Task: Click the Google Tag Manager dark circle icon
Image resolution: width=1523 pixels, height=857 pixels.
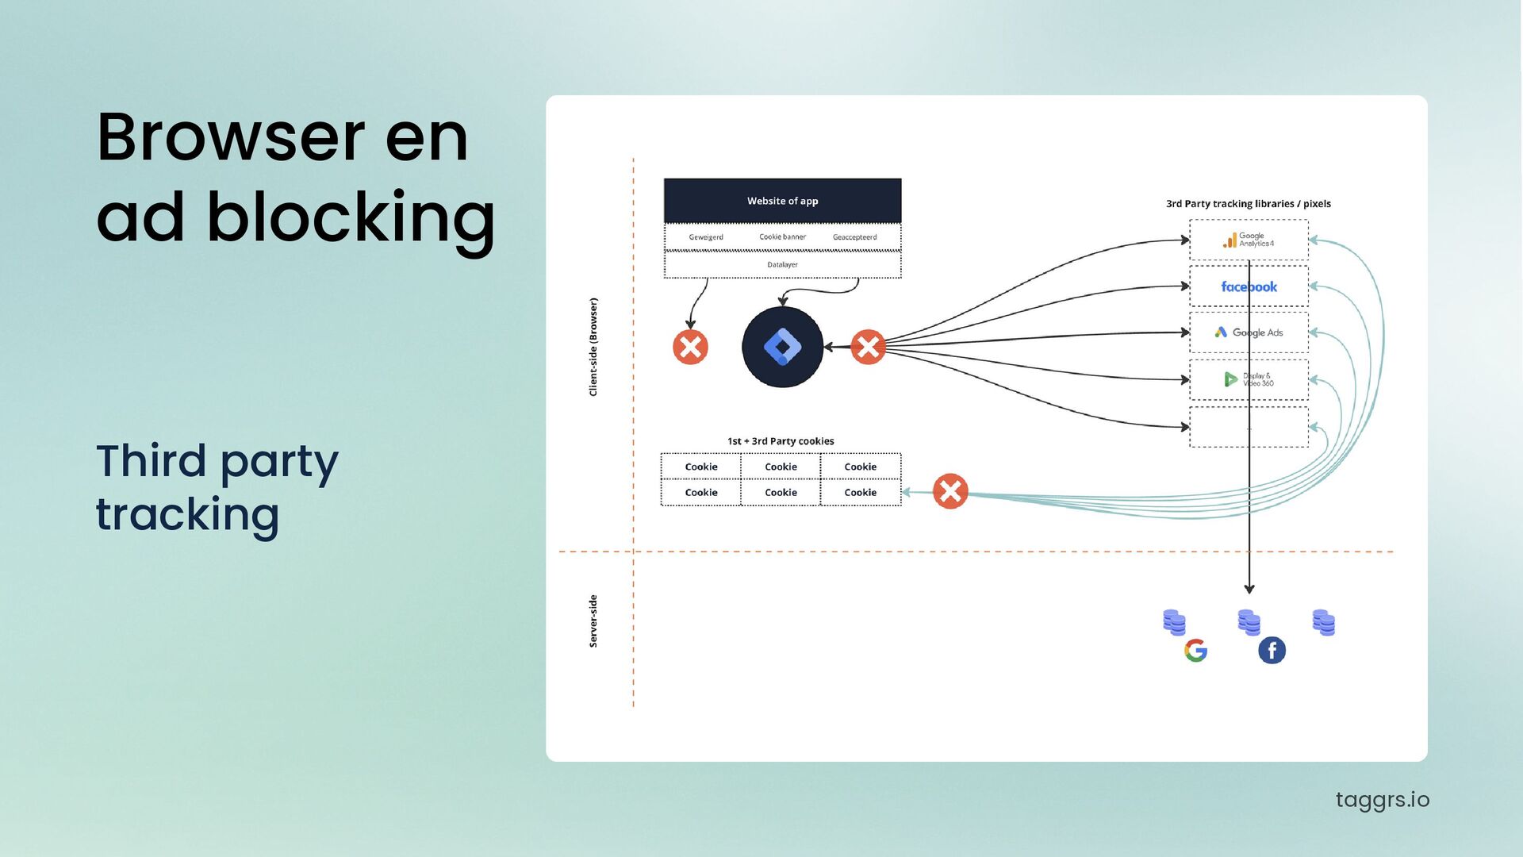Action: point(782,347)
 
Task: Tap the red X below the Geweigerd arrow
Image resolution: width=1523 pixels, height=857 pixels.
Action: point(690,347)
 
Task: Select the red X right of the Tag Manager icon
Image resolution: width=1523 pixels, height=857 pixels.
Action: point(868,347)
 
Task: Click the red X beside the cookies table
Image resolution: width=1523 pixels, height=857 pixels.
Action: point(949,491)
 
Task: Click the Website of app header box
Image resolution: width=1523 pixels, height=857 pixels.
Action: point(782,201)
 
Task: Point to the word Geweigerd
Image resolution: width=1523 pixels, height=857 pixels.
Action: point(706,237)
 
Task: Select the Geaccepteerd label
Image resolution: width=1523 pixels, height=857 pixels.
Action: point(854,237)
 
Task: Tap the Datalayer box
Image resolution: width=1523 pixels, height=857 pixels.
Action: point(782,265)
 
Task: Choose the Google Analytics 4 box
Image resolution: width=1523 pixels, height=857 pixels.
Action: point(1249,240)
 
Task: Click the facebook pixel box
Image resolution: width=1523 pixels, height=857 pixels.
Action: point(1249,286)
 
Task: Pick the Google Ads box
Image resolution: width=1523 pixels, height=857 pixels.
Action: point(1249,332)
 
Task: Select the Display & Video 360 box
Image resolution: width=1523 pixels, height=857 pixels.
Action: point(1249,379)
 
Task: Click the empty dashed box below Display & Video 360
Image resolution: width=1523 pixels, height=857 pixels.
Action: point(1249,427)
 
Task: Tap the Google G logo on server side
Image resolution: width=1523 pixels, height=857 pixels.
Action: point(1195,651)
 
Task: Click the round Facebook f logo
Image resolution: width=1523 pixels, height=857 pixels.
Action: point(1272,651)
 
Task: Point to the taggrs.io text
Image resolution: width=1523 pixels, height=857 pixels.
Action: point(1382,800)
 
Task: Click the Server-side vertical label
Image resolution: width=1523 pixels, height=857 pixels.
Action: point(593,621)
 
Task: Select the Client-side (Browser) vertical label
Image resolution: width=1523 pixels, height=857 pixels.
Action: point(593,347)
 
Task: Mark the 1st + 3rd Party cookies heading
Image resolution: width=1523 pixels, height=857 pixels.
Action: point(781,441)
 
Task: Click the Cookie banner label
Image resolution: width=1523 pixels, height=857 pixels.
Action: point(782,237)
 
